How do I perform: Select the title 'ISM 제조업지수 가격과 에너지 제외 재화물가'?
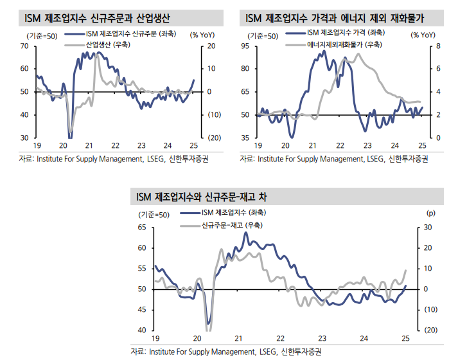[x=335, y=16]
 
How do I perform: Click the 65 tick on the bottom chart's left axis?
[x=141, y=228]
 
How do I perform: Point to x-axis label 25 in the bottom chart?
[x=405, y=339]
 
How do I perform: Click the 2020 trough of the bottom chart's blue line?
[x=208, y=323]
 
